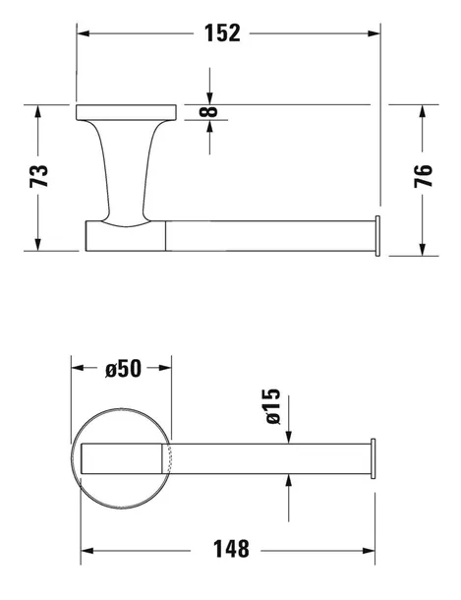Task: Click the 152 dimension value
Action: (223, 32)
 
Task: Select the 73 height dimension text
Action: (39, 176)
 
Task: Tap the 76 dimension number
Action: (423, 176)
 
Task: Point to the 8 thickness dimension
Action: (208, 111)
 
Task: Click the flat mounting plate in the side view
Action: (125, 110)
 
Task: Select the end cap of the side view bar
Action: (375, 236)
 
